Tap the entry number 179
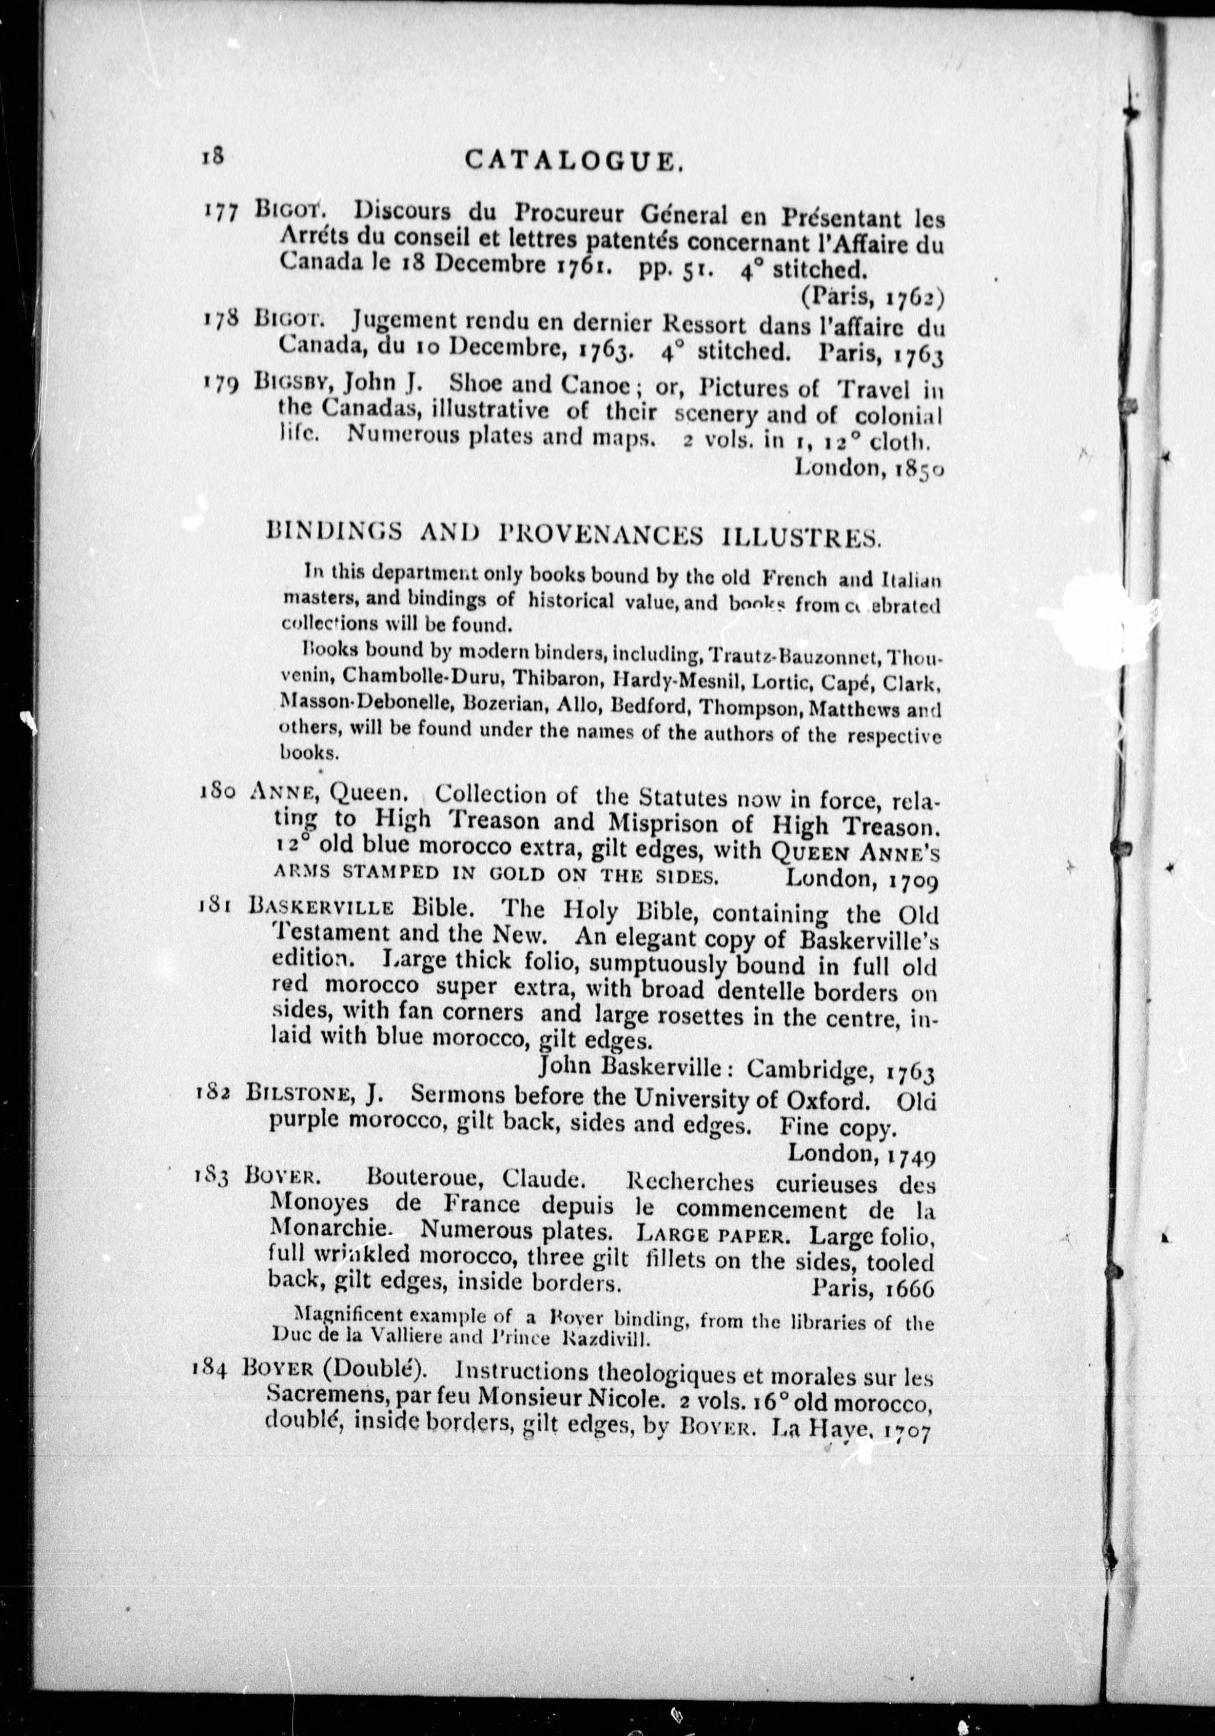point(222,385)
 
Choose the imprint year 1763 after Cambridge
point(910,1072)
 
